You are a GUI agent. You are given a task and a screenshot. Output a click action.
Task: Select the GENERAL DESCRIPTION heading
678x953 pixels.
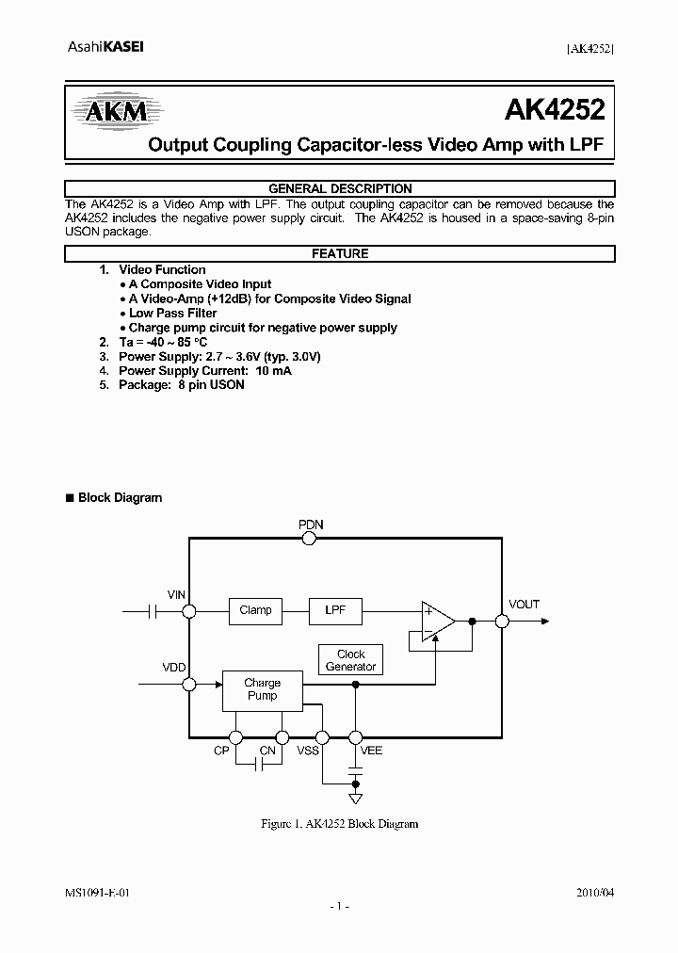point(340,188)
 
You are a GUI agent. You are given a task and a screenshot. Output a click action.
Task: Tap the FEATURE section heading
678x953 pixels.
point(340,253)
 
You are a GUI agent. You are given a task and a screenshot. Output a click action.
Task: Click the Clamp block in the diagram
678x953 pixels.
point(255,610)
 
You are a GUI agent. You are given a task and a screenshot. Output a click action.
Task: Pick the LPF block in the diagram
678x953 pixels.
point(336,610)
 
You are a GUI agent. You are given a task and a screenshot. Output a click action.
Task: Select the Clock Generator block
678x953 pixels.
point(350,660)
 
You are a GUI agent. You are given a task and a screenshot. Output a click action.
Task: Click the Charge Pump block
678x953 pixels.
point(262,689)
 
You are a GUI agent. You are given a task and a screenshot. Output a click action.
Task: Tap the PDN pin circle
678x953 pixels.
point(309,539)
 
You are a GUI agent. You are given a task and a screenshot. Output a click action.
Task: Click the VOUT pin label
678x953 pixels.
point(524,605)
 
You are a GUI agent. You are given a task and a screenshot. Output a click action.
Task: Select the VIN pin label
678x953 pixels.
point(176,595)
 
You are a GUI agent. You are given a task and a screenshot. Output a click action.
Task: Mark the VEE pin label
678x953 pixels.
point(372,751)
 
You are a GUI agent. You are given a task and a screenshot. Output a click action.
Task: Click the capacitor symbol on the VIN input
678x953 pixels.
point(153,611)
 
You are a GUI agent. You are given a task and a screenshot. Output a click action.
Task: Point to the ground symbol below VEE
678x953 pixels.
point(355,800)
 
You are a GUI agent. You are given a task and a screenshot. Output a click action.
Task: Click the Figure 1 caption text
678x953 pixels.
point(339,824)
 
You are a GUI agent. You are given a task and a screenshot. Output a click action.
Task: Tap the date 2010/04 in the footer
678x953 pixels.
point(596,892)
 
